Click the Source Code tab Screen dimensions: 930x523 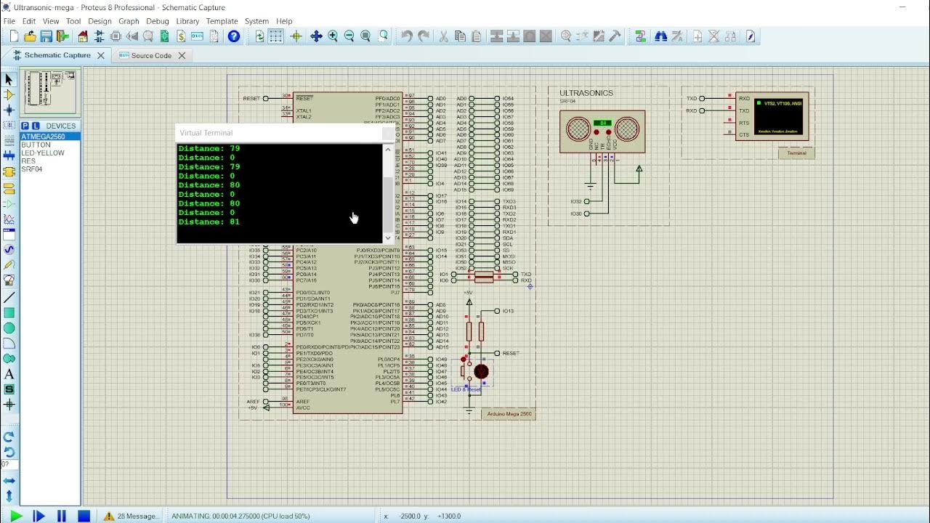point(151,56)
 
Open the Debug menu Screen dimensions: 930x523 point(157,21)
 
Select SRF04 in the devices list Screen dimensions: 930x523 point(32,169)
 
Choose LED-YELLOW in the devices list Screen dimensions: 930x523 point(43,153)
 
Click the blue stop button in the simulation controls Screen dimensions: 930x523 point(84,516)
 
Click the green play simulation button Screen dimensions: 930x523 point(16,516)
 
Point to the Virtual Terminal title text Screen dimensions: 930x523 point(206,133)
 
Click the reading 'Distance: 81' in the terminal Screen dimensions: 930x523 point(209,222)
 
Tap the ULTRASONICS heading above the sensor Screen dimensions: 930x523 point(586,93)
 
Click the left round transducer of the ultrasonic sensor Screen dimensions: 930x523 point(578,129)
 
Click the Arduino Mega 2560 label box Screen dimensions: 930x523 point(509,414)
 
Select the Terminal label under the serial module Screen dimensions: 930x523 point(796,153)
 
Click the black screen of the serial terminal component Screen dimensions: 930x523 point(778,115)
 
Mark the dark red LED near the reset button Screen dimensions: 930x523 point(481,371)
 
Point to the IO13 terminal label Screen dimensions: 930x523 point(508,311)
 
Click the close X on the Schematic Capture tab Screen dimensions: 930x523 point(101,55)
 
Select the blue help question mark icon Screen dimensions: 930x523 point(234,36)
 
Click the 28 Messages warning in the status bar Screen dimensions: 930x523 point(132,516)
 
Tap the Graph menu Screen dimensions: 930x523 point(129,21)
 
